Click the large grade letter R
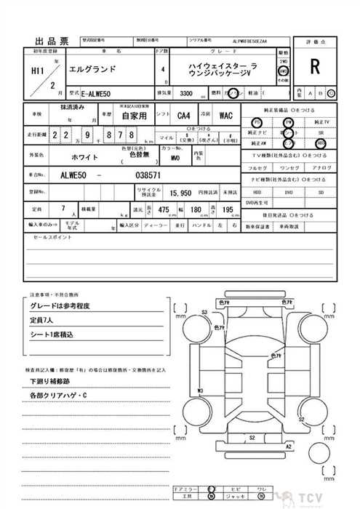click(315, 68)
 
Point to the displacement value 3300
click(186, 94)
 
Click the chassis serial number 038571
click(151, 175)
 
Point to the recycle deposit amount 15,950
click(180, 193)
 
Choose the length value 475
click(164, 209)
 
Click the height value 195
click(228, 209)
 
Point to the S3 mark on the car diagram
click(205, 312)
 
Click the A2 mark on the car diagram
click(289, 446)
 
